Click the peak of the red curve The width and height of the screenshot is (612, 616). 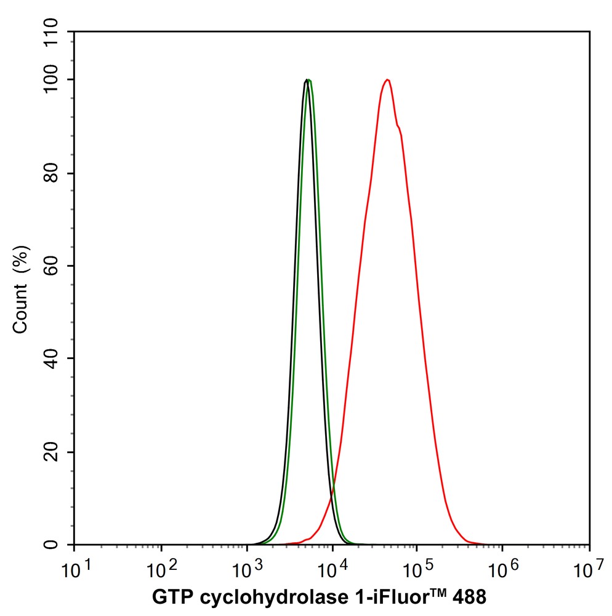click(387, 80)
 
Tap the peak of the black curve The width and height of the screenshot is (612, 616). click(306, 80)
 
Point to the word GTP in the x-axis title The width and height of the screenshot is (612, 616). click(169, 596)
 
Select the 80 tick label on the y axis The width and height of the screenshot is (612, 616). click(57, 173)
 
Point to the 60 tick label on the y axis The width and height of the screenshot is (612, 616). click(57, 266)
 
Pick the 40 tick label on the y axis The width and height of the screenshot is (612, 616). click(57, 359)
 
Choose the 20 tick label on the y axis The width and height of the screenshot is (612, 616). click(57, 452)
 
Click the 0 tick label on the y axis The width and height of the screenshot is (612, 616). click(62, 545)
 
